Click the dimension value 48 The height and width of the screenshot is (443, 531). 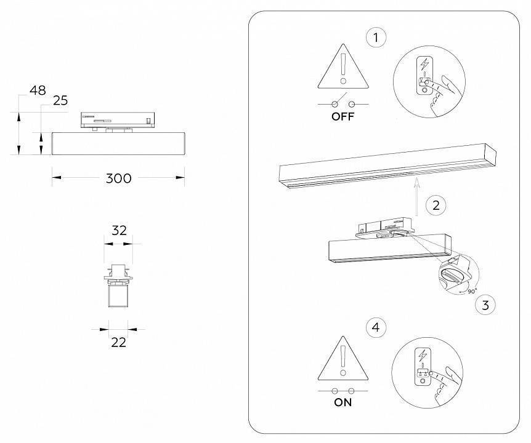pos(38,90)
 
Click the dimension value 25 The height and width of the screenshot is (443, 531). pos(60,101)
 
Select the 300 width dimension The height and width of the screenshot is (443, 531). pos(118,178)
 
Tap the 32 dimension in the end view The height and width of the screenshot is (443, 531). pos(118,230)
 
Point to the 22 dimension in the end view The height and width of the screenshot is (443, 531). pos(118,342)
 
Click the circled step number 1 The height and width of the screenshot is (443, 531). pos(376,38)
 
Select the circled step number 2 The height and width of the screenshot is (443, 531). pos(436,205)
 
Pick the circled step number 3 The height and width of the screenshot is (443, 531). pos(486,304)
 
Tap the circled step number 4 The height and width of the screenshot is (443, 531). pos(376,328)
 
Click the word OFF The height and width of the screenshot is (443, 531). pos(343,117)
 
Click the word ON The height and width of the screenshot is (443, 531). pos(343,403)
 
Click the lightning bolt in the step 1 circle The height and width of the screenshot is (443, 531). pos(423,64)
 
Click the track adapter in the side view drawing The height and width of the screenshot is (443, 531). pos(118,120)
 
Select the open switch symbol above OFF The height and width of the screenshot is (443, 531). pos(343,102)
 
